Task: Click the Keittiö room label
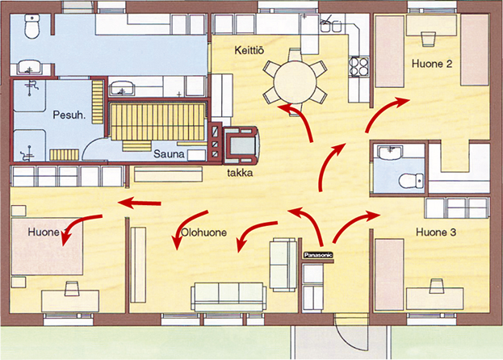pyautogui.click(x=249, y=51)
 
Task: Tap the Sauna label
pyautogui.click(x=169, y=154)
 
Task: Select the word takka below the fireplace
pyautogui.click(x=240, y=173)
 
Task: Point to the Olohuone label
pyautogui.click(x=204, y=232)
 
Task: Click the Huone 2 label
pyautogui.click(x=432, y=64)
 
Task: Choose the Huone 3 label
pyautogui.click(x=436, y=232)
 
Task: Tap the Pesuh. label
pyautogui.click(x=69, y=115)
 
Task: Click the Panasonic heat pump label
pyautogui.click(x=318, y=255)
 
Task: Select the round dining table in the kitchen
pyautogui.click(x=296, y=82)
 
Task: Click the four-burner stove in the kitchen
pyautogui.click(x=359, y=66)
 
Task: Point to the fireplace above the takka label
pyautogui.click(x=241, y=145)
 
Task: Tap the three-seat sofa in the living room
pyautogui.click(x=228, y=297)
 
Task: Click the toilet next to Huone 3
pyautogui.click(x=411, y=181)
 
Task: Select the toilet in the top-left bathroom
pyautogui.click(x=31, y=26)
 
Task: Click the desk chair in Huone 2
pyautogui.click(x=428, y=39)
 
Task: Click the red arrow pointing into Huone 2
pyautogui.click(x=384, y=112)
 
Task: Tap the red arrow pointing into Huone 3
pyautogui.click(x=353, y=223)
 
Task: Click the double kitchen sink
pyautogui.click(x=331, y=26)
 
